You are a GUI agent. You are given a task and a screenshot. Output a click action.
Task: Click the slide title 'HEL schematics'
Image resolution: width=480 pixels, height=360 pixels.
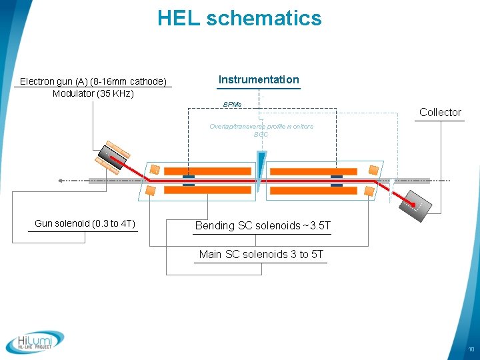tap(239, 19)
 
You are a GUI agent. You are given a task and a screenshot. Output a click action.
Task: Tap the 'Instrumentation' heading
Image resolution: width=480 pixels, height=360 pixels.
tap(259, 80)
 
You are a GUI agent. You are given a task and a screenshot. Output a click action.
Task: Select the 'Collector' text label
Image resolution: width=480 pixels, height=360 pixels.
tap(440, 112)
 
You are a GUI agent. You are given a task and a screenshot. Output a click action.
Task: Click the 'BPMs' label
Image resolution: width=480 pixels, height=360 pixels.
tap(233, 105)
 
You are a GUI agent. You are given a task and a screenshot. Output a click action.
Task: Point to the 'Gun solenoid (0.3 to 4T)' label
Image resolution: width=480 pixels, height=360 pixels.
tap(85, 223)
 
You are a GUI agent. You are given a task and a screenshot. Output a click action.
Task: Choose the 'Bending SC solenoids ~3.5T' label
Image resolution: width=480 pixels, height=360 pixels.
tap(263, 226)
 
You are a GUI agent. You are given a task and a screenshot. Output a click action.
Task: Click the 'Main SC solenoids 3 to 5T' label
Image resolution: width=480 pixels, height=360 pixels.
tap(261, 255)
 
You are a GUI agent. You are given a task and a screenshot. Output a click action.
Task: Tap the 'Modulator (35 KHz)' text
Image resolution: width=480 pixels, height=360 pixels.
tap(93, 93)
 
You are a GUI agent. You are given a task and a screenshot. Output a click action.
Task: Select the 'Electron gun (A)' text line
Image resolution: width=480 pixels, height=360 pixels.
tap(93, 81)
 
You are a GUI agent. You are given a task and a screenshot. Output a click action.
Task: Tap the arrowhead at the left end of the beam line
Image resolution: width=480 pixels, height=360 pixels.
tap(61, 181)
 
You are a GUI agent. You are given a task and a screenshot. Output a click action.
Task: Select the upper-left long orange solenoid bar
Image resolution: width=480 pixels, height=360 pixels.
tap(207, 171)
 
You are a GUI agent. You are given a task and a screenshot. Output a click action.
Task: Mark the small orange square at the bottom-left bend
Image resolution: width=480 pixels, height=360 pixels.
tap(151, 191)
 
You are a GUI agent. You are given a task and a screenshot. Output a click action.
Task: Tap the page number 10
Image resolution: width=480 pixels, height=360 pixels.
tap(471, 350)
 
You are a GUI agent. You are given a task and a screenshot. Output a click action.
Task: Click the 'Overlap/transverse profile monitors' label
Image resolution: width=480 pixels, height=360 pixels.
tap(261, 126)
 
